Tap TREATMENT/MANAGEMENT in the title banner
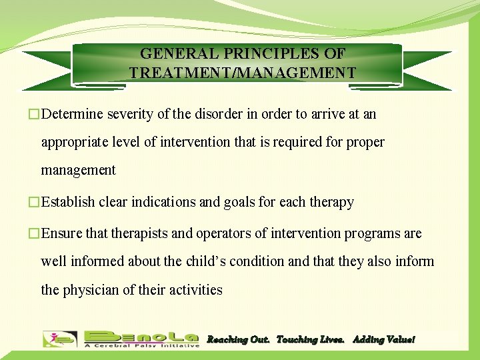243,73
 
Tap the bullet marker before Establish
35,202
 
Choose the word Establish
67,202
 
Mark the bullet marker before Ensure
35,234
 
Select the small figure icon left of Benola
59,339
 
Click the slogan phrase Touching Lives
310,340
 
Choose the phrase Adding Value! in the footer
383,340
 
